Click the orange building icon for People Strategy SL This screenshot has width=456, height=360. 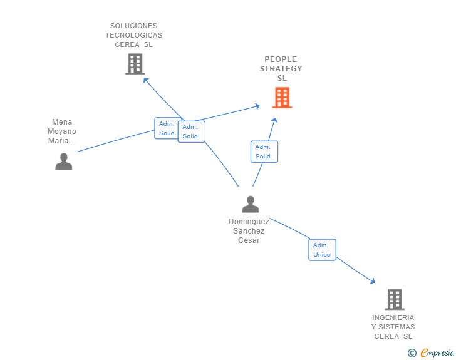tap(282, 98)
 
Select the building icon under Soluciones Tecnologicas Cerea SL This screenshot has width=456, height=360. tap(135, 64)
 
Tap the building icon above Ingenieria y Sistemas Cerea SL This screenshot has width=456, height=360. tap(394, 299)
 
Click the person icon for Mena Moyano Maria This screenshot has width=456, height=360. tap(63, 161)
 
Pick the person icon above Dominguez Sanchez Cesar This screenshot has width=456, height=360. tap(250, 204)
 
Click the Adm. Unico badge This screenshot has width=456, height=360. tap(322, 250)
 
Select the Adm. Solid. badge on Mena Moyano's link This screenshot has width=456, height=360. tap(167, 128)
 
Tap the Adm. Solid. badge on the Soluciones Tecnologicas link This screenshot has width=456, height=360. tap(191, 131)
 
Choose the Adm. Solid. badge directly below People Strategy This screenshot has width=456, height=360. tap(264, 152)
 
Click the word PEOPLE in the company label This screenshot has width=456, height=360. tap(281, 59)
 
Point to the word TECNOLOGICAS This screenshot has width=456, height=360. tap(133, 35)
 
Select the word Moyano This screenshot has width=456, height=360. tap(62, 131)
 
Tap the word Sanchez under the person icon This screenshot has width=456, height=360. tap(249, 231)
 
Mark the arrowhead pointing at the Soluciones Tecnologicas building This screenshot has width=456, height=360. tap(145, 80)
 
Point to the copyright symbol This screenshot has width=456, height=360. tap(412, 353)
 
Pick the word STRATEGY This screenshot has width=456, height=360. tap(281, 69)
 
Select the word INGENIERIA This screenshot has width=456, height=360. tap(393, 317)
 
